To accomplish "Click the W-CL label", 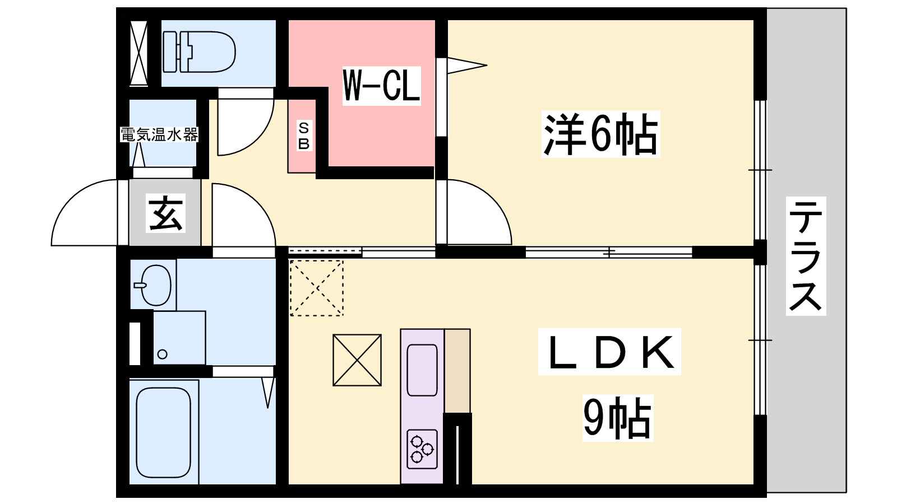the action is [x=381, y=86].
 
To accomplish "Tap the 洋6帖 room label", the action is [x=600, y=134].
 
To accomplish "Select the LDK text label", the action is [x=609, y=352].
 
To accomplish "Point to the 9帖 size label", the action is [x=617, y=418].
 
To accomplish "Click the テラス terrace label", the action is [x=806, y=256].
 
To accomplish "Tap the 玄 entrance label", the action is [x=166, y=213].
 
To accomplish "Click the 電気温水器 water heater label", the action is [x=159, y=135].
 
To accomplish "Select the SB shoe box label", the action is [x=304, y=136].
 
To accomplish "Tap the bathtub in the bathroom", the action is [x=163, y=432].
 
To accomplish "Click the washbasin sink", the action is [x=154, y=285].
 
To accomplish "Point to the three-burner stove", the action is [x=422, y=449].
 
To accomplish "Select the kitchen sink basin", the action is [x=422, y=370].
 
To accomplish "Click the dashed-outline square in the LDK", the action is [x=316, y=288].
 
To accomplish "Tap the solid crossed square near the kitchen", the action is [x=357, y=360].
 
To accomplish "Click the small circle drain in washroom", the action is [x=162, y=354].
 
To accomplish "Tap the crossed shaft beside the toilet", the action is [x=138, y=53].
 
